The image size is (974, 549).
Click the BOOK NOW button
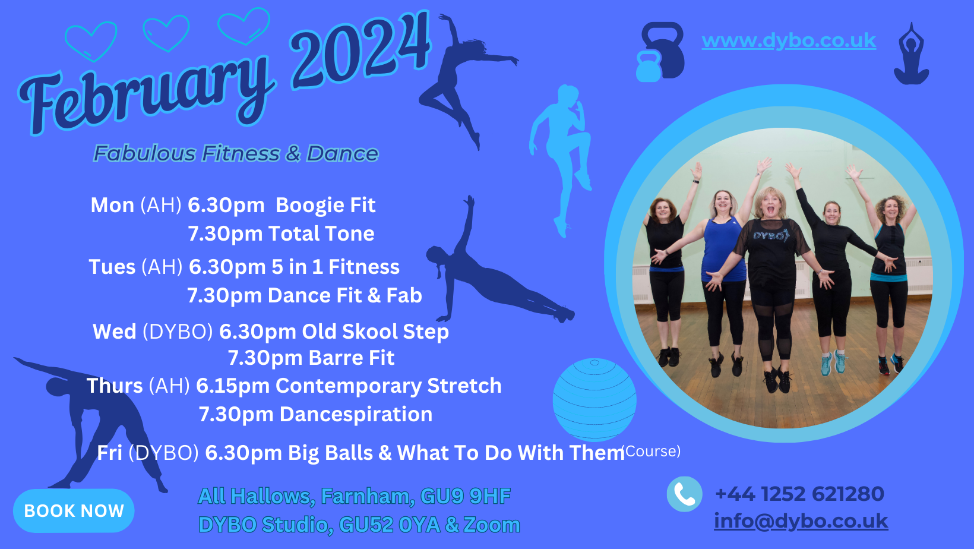click(74, 511)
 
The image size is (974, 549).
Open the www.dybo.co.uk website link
click(789, 41)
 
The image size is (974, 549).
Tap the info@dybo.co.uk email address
click(801, 521)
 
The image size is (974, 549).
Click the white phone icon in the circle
click(684, 494)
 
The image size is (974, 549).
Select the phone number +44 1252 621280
click(799, 494)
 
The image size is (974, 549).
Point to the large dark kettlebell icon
click(663, 50)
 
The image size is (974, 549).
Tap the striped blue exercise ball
click(594, 400)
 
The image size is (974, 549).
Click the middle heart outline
click(166, 33)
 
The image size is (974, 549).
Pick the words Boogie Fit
click(325, 205)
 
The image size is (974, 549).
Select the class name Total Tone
click(321, 234)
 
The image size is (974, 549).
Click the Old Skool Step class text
click(375, 332)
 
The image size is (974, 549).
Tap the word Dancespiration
click(356, 414)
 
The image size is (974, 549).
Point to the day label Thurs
click(115, 386)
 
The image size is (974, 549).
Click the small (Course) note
click(652, 451)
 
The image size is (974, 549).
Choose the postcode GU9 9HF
click(465, 496)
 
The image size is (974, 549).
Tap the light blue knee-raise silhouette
click(561, 161)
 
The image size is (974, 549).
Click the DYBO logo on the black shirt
click(770, 235)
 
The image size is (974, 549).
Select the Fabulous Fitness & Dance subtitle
click(236, 153)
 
